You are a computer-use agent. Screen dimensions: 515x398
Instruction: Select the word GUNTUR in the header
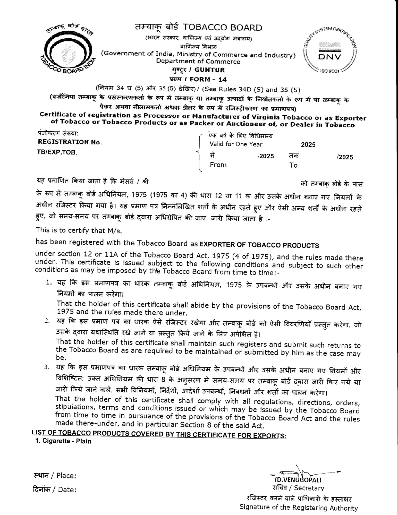(x=209, y=70)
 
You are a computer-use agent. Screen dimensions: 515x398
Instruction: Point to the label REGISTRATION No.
(x=70, y=142)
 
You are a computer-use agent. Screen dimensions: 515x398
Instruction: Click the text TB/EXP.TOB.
(x=57, y=152)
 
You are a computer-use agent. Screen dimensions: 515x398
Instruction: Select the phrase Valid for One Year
(x=236, y=144)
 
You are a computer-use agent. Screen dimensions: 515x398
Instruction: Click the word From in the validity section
(x=218, y=165)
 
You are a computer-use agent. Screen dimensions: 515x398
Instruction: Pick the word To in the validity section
(x=293, y=165)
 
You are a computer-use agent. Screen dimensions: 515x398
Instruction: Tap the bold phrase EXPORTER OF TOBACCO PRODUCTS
(x=259, y=245)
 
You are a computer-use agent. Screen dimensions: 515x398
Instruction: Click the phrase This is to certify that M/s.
(x=79, y=230)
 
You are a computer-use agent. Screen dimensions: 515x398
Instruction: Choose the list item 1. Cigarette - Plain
(x=63, y=441)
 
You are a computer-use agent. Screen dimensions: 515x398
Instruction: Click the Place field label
(x=55, y=475)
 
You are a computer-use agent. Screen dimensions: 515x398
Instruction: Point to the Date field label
(x=55, y=490)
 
